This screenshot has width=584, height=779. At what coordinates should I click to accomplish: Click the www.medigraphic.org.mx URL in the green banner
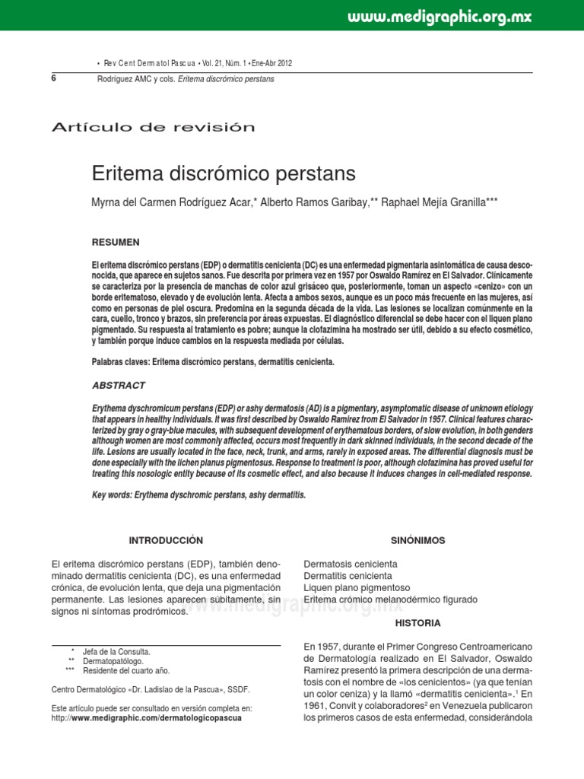click(x=440, y=17)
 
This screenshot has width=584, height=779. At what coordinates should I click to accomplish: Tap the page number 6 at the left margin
click(x=54, y=78)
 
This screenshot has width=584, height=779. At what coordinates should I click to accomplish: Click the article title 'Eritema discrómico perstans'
click(x=224, y=173)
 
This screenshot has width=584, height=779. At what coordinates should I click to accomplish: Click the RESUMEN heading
click(x=116, y=242)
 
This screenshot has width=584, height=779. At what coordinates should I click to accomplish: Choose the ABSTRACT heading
click(x=118, y=386)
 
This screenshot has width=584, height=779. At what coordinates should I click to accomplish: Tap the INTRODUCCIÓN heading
click(x=166, y=540)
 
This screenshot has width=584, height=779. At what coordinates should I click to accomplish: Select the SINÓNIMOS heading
click(x=417, y=540)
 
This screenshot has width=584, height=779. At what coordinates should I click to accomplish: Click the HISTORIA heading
click(x=417, y=622)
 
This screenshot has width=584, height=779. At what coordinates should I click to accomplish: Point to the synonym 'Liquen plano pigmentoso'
click(x=357, y=588)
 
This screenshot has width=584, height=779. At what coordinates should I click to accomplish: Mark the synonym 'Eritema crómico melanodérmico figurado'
click(x=390, y=599)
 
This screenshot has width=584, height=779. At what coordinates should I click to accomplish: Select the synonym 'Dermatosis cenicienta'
click(x=350, y=564)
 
